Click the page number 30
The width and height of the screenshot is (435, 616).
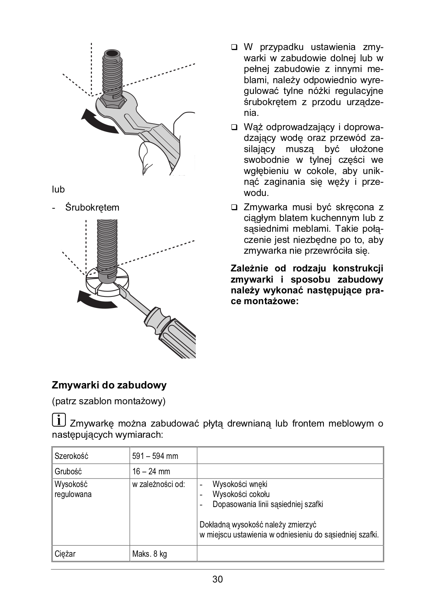coord(217,579)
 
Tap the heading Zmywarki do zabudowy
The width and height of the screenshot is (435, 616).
coord(109,385)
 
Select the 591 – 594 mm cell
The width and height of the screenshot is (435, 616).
coord(155,456)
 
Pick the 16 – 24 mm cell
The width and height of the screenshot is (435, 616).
coord(151,471)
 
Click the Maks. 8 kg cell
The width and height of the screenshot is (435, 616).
coord(150,554)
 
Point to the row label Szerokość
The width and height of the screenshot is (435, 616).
coord(72,456)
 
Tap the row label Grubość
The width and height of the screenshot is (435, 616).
coord(68,471)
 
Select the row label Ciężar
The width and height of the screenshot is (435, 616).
coord(65,554)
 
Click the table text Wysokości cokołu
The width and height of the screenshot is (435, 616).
coord(241,494)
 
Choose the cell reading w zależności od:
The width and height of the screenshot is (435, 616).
coord(158,484)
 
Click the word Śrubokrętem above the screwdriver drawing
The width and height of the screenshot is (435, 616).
coord(92,208)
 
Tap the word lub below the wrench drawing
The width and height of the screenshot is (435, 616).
coord(58,189)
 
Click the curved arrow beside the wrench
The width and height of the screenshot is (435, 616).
coord(98,121)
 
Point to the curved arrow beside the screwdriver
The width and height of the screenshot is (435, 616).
coord(96,299)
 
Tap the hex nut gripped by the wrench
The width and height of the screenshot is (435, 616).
coord(112,102)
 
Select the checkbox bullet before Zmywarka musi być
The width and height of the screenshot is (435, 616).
coord(234,208)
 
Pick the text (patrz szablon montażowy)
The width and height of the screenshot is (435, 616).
coord(109,401)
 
